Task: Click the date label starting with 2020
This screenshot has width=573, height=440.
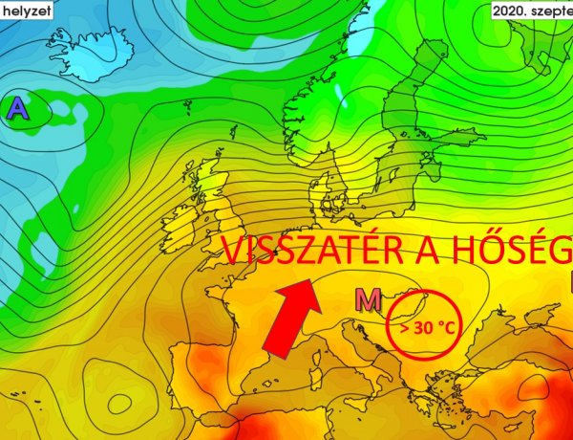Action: [x=531, y=11]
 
